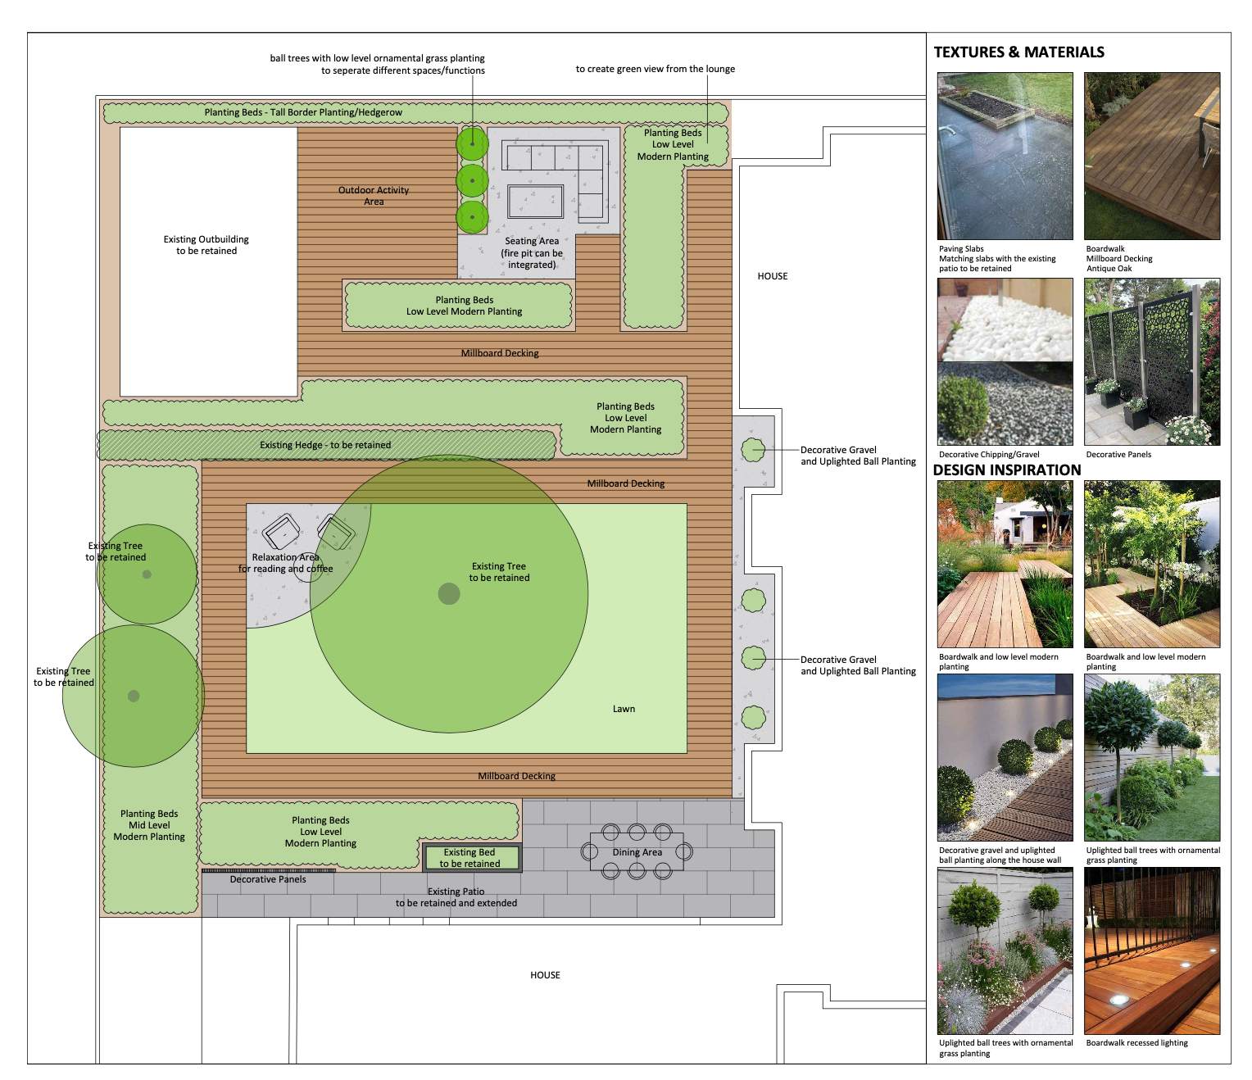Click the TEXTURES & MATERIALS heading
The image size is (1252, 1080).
1018,52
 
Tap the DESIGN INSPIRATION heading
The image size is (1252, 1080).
1007,470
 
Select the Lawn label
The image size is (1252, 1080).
624,709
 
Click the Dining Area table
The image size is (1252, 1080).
637,852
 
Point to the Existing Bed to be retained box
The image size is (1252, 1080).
471,858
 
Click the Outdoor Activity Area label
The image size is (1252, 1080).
374,196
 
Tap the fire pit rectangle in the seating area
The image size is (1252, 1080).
535,201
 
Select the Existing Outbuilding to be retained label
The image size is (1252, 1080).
206,245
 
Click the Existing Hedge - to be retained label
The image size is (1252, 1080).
325,445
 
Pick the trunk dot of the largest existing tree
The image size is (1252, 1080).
449,593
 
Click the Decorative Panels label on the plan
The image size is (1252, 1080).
268,880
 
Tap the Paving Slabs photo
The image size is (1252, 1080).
1005,156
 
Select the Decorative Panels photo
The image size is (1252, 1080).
1151,361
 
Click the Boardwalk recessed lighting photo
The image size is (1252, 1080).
1151,951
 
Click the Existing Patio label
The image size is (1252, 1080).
456,897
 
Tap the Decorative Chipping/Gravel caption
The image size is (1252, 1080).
989,455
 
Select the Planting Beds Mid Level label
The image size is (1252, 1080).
149,825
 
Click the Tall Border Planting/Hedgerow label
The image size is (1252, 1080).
303,112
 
